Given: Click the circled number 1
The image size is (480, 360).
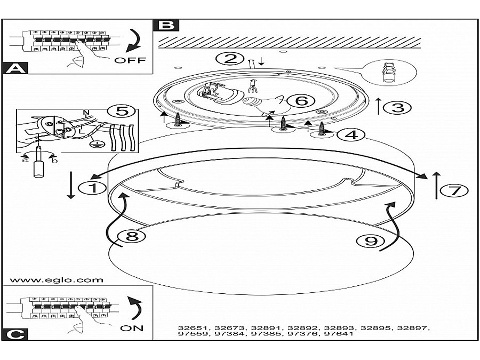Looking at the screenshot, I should point(90,188).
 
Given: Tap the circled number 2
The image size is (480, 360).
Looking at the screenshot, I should point(230,58).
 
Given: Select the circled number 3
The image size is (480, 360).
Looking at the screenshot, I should point(400,107).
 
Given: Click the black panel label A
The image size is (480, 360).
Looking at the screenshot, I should point(15,68).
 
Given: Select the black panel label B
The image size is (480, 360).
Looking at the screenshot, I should point(165,25).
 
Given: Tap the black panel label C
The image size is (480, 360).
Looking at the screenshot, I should point(15,334).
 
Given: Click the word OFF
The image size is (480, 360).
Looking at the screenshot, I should point(130,60).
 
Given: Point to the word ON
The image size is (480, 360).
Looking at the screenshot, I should point(132,328).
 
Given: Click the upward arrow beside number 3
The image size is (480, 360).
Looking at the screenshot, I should point(378,106).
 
